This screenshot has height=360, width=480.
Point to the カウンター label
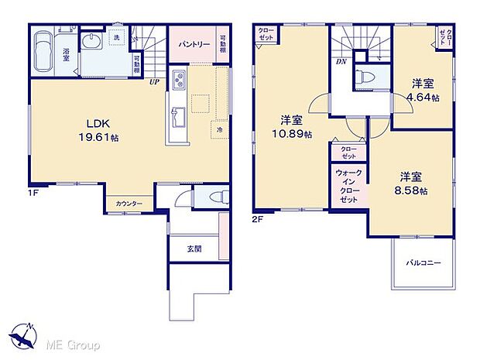click(129, 203)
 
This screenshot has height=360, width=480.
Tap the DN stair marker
click(340, 61)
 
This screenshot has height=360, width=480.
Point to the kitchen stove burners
click(179, 80)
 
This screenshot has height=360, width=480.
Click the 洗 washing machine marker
click(117, 37)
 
